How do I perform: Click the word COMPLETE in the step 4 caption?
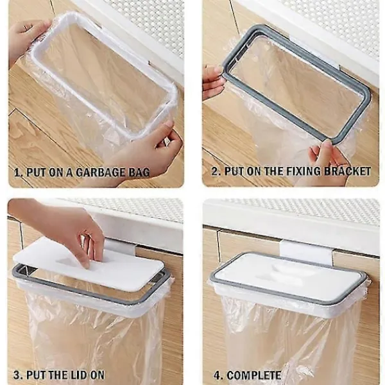[254, 375]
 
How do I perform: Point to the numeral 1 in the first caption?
[17, 173]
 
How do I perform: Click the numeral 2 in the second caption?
[215, 171]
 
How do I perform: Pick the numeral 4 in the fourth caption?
[217, 375]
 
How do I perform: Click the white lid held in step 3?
[88, 263]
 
